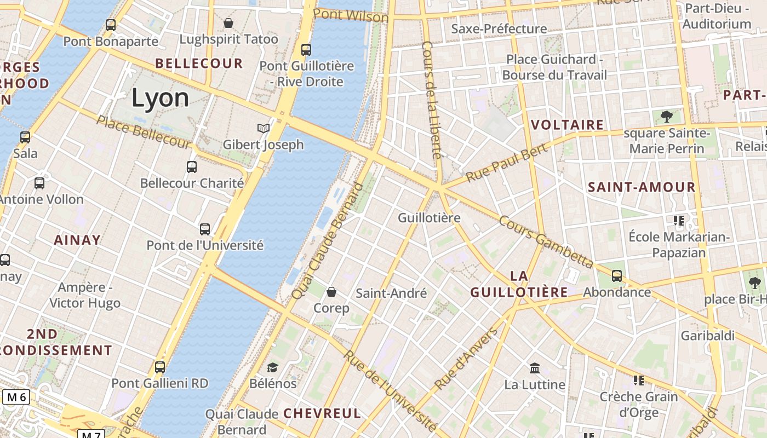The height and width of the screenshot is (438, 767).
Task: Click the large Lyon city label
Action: (x=160, y=98)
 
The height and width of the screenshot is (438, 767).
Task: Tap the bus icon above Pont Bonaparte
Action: (x=111, y=25)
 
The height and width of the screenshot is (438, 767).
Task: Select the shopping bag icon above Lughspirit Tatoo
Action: (x=228, y=23)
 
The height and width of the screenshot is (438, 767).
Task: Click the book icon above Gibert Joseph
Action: (x=264, y=128)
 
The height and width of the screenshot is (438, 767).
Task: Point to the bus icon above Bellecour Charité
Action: (x=192, y=167)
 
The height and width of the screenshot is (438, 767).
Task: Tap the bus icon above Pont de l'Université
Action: (x=205, y=229)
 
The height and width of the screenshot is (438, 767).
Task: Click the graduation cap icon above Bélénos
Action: (x=273, y=367)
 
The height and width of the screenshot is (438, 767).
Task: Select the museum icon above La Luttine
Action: (x=535, y=368)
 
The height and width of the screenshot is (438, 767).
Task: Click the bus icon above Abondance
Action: (x=617, y=276)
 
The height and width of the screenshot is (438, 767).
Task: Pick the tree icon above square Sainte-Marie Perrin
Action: (x=667, y=116)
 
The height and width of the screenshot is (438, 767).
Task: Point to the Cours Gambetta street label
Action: (x=546, y=241)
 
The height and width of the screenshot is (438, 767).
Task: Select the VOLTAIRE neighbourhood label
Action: (x=568, y=125)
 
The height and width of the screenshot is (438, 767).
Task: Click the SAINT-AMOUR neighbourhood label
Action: (x=642, y=187)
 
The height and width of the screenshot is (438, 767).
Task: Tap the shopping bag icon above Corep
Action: (x=331, y=292)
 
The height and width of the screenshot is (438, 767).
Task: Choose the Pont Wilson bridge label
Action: (x=351, y=15)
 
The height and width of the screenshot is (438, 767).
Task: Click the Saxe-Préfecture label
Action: (x=499, y=28)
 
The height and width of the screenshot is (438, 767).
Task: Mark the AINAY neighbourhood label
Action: (x=77, y=240)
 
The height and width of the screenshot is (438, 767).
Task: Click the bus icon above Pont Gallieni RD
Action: (x=160, y=367)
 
